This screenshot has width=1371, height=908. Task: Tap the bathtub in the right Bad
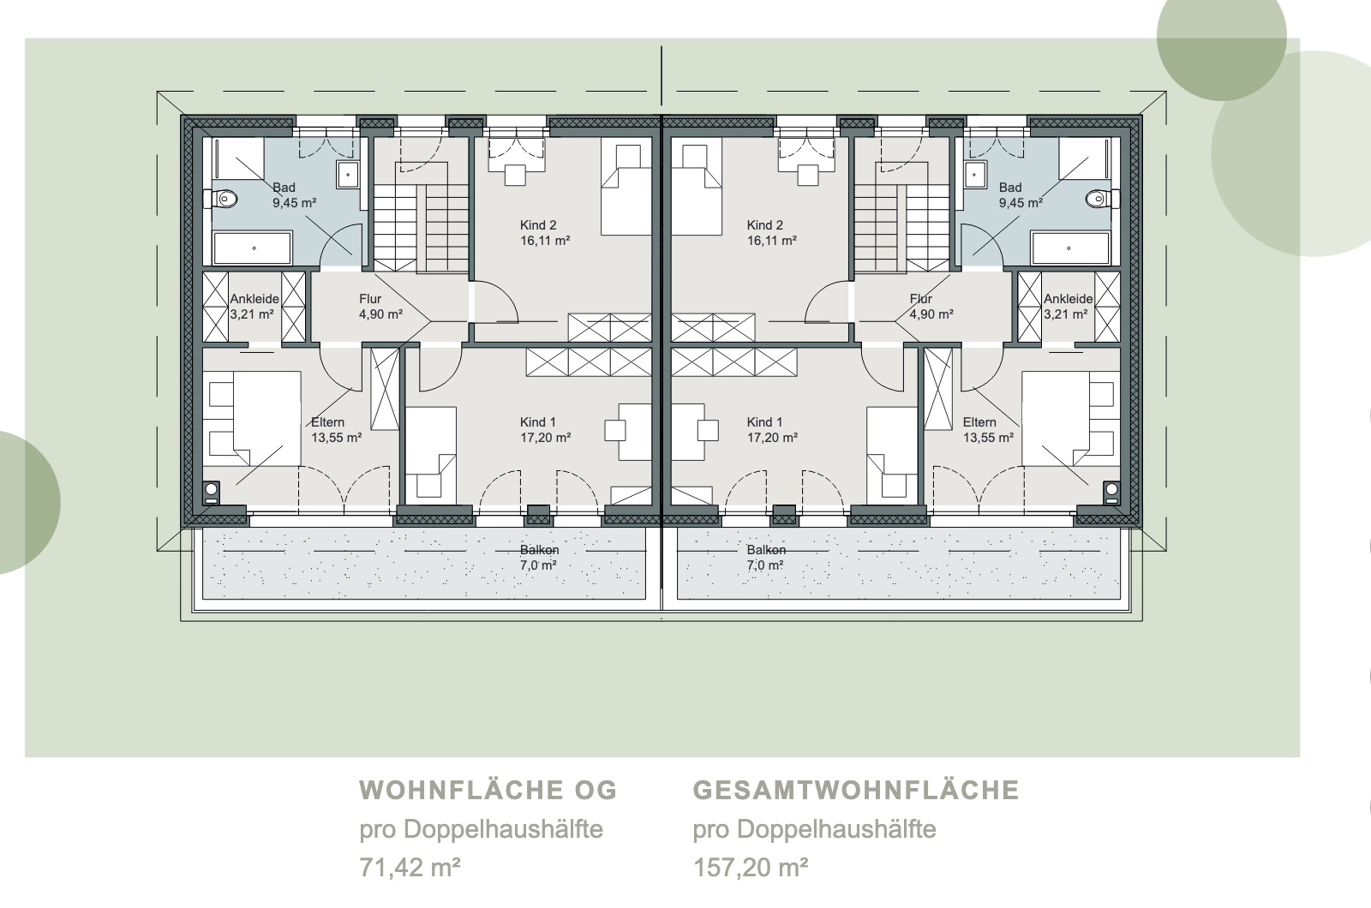[1070, 248]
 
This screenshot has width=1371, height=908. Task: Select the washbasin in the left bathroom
[348, 175]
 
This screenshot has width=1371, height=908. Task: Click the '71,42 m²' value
[410, 868]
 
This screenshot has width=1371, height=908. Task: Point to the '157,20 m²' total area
[751, 868]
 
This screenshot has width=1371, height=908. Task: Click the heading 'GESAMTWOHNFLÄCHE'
[856, 790]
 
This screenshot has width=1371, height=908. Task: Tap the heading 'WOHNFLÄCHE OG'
[488, 790]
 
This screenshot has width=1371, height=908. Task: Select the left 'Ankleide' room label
[254, 299]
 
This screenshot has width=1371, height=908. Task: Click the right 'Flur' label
[920, 299]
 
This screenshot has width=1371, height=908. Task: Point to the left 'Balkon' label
[539, 549]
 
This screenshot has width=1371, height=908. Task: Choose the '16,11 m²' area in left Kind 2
[545, 241]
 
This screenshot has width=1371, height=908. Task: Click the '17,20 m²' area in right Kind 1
[772, 438]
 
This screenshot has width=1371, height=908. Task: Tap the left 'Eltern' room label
[327, 422]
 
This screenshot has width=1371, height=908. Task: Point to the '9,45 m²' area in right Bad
[1021, 202]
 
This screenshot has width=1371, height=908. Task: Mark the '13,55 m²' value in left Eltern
[336, 438]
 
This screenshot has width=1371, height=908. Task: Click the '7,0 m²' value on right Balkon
[765, 565]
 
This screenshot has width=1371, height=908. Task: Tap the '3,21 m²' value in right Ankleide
[1066, 314]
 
